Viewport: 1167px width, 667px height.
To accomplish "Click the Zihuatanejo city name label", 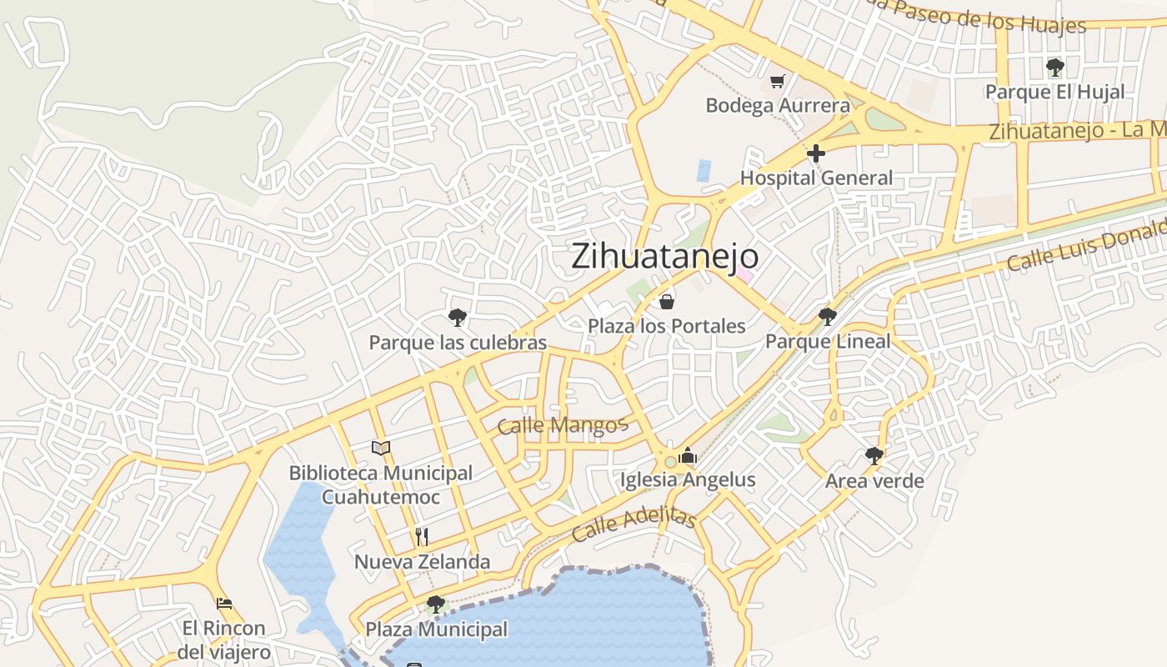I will tap(664, 257).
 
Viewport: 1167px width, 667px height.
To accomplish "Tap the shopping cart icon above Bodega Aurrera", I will tap(778, 81).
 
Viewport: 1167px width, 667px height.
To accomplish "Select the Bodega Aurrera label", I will tap(778, 106).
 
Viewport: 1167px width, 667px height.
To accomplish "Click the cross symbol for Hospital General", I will tap(816, 153).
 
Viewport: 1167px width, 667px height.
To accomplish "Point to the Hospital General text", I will tap(816, 178).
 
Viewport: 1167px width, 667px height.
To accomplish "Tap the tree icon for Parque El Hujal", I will tap(1054, 67).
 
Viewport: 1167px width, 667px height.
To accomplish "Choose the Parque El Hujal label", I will tap(1054, 92).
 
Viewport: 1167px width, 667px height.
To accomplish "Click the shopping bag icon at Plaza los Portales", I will tap(666, 301).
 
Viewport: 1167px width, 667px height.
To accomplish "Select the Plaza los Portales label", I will tap(666, 326).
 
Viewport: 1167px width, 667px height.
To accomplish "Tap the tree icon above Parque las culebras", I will tap(457, 317).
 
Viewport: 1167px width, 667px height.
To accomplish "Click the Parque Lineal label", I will tap(828, 341).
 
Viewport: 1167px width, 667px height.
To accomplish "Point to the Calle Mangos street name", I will tap(562, 425).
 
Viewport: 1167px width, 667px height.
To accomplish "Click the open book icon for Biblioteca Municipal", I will tap(381, 448).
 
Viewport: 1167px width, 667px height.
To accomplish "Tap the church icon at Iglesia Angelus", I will tap(688, 455).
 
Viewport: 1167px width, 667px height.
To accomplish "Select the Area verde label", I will tap(874, 481).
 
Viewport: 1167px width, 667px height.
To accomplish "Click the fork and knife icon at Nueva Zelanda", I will tap(422, 536).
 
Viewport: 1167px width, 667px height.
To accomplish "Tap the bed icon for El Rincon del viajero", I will tap(223, 603).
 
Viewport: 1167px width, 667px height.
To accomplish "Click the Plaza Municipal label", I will tap(436, 629).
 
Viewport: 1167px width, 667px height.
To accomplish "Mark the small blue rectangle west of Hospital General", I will tap(704, 171).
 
